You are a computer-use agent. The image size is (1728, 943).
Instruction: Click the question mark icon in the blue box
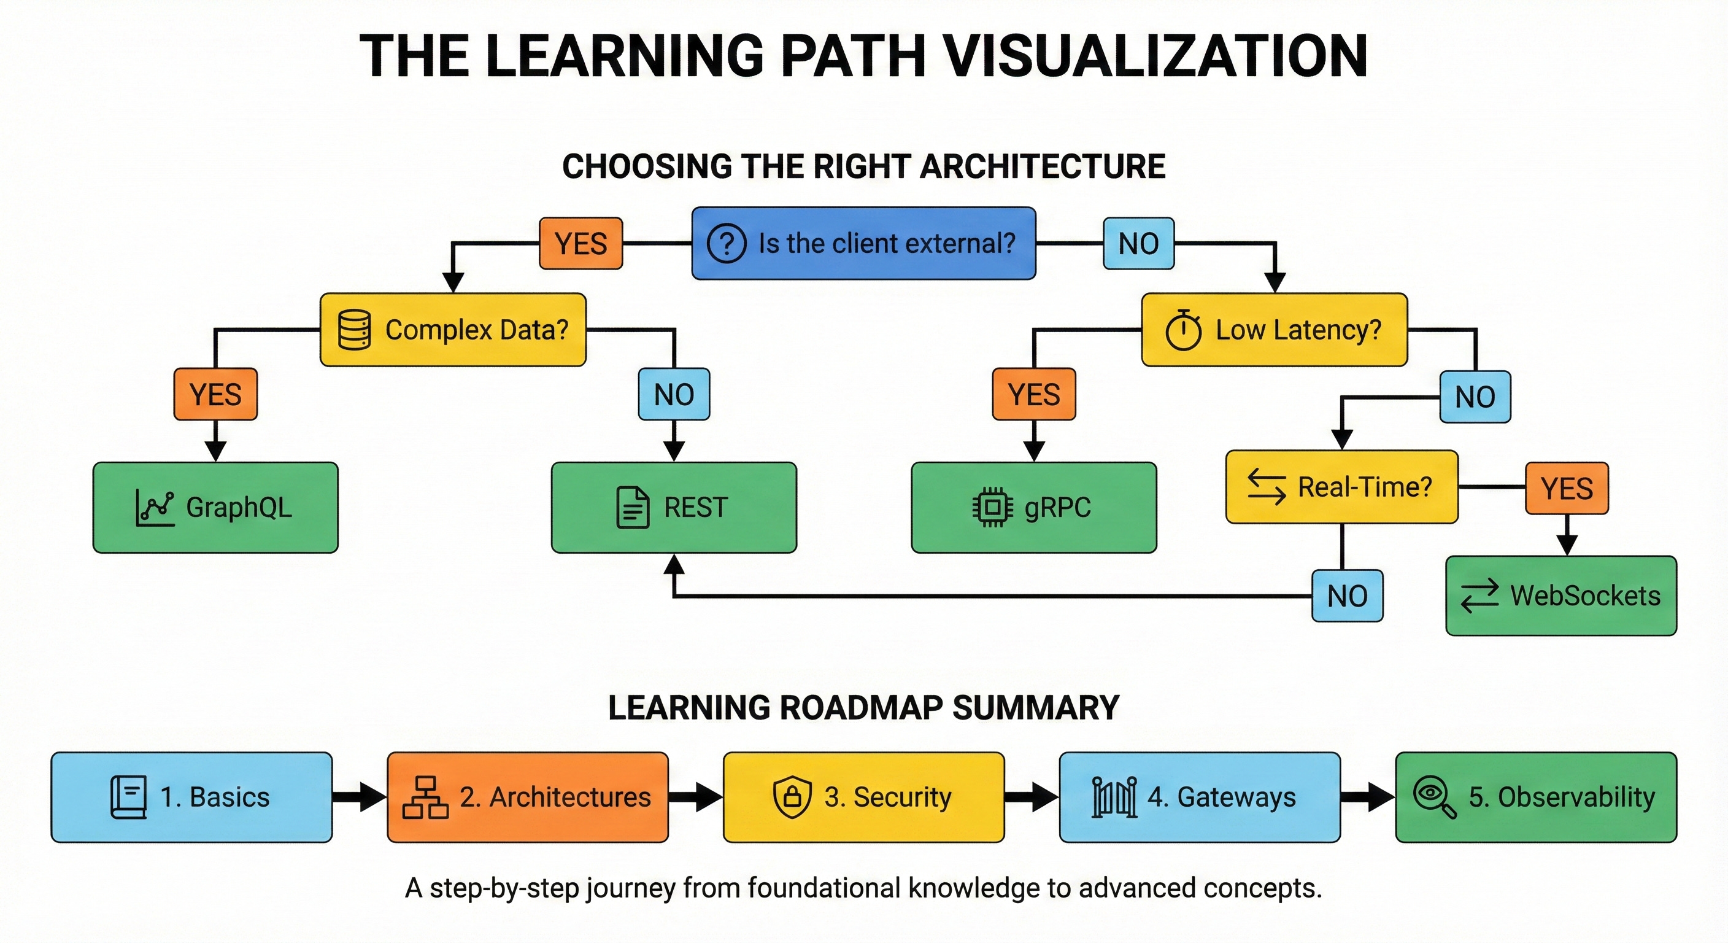click(x=727, y=243)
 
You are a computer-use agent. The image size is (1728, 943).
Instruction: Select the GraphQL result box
click(x=215, y=507)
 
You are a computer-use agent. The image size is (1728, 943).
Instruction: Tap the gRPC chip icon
click(x=992, y=507)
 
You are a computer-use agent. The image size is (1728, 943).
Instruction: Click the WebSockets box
click(x=1560, y=596)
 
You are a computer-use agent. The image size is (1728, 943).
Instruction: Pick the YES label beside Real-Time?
click(x=1567, y=488)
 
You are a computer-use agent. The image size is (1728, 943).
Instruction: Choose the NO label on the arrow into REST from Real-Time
click(x=1347, y=596)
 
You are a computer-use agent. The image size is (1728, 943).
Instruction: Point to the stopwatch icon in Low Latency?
click(x=1183, y=330)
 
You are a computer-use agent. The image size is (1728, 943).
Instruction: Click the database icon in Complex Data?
click(x=354, y=330)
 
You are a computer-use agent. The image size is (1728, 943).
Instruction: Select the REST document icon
click(x=633, y=507)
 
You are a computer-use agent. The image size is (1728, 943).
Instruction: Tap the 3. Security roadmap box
click(x=863, y=797)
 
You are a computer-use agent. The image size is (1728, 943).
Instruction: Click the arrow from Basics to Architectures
click(x=360, y=797)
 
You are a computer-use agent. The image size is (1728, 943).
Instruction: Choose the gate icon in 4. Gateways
click(x=1114, y=797)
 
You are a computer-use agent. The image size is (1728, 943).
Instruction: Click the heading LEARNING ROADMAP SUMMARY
click(x=863, y=708)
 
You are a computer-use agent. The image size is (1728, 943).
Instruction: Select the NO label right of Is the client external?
click(x=1138, y=244)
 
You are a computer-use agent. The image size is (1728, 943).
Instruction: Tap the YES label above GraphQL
click(x=215, y=394)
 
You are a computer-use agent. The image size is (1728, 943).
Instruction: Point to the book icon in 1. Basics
click(x=128, y=797)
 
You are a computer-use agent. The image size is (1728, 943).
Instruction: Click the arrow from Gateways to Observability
click(x=1368, y=797)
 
